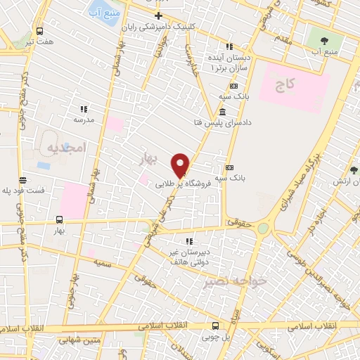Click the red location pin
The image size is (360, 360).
[181, 165]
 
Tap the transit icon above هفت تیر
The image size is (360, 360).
[39, 31]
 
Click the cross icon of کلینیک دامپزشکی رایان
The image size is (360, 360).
[159, 15]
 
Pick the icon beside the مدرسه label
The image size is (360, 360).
[83, 109]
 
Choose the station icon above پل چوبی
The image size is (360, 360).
[215, 326]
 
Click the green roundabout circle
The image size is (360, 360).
[263, 229]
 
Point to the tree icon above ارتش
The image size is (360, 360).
[354, 170]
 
